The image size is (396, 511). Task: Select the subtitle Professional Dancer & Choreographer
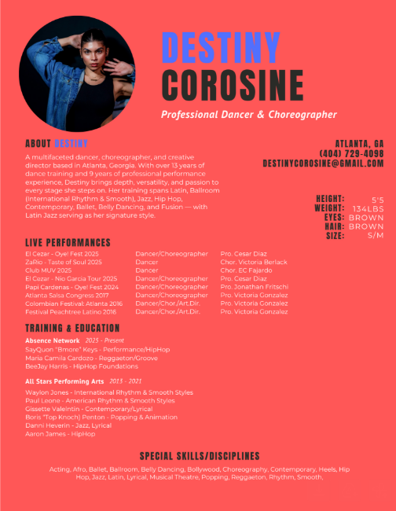[x=249, y=115]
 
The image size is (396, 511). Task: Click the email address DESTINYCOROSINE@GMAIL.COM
[x=323, y=163]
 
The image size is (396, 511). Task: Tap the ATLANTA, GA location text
[x=359, y=144]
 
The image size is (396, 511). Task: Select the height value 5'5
[x=377, y=200]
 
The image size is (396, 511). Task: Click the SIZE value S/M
[x=376, y=235]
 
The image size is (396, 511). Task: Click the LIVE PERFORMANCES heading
[x=68, y=242]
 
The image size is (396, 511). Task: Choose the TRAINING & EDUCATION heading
[x=72, y=328]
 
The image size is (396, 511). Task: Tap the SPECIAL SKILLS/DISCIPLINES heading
[x=200, y=456]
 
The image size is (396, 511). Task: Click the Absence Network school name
[x=53, y=340]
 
